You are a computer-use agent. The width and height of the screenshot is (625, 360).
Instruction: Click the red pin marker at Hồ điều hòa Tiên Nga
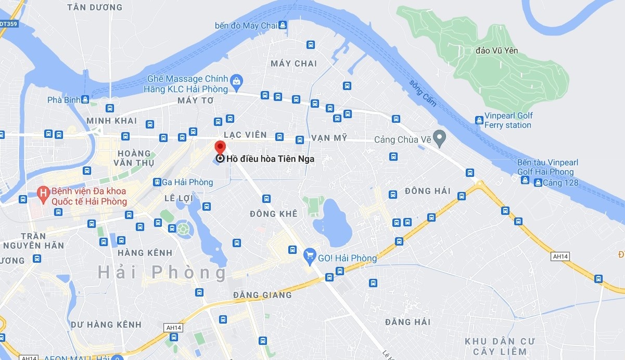[220, 147]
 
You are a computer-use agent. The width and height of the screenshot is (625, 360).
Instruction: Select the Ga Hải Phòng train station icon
[157, 182]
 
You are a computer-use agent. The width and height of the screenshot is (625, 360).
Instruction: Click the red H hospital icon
[44, 192]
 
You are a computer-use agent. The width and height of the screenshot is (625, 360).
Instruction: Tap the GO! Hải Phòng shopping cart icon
[310, 255]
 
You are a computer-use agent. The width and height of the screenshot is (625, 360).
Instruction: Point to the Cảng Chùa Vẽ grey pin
[440, 138]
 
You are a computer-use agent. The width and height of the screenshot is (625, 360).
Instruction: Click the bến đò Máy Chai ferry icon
[282, 25]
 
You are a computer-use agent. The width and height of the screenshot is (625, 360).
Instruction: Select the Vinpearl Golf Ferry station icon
[479, 120]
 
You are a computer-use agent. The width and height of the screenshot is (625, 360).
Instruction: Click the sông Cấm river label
[423, 94]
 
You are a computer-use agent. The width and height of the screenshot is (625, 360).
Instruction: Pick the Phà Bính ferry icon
[85, 99]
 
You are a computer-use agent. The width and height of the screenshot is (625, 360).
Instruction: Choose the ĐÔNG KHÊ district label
[273, 214]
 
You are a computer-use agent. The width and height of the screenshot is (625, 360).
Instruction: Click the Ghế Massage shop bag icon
[237, 81]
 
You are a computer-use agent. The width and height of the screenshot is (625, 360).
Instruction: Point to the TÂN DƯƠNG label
[95, 7]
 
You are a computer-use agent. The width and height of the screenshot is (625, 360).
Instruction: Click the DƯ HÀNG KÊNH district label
[106, 325]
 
